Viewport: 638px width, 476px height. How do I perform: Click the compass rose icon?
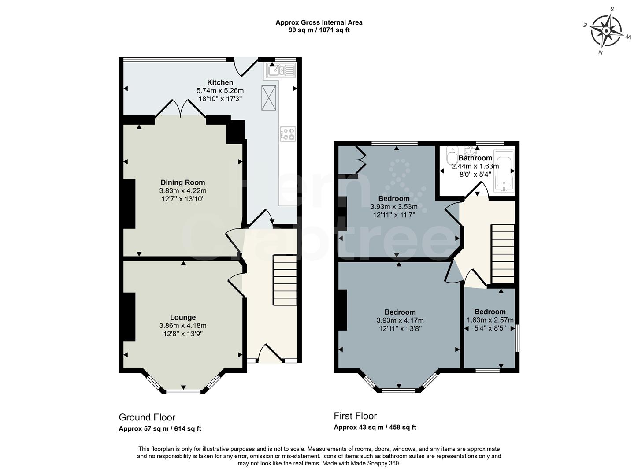pos(606,31)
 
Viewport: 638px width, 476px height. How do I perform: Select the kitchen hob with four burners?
pos(288,134)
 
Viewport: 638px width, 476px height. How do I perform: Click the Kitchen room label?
pos(220,82)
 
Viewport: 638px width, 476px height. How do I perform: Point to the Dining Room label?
pos(182,182)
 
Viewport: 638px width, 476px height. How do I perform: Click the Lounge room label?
pos(183,317)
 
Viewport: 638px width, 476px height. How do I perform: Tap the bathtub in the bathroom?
pos(504,170)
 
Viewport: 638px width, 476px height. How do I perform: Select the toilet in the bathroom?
pos(452,156)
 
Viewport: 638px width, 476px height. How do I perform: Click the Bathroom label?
pos(475,158)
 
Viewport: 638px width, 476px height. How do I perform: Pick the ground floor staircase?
pos(285,280)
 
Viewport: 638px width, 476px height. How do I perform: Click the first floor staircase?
pos(503,253)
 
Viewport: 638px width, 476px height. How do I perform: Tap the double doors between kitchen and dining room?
pos(180,108)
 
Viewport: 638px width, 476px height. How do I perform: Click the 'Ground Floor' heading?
pos(147,417)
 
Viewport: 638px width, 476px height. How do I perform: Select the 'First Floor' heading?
pos(355,416)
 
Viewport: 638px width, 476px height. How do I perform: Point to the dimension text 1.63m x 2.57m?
pos(490,320)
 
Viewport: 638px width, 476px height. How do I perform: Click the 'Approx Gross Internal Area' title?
pos(319,22)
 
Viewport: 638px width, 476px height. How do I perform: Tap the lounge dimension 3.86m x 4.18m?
pos(183,326)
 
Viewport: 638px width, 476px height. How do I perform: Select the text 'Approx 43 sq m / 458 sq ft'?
pos(375,427)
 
